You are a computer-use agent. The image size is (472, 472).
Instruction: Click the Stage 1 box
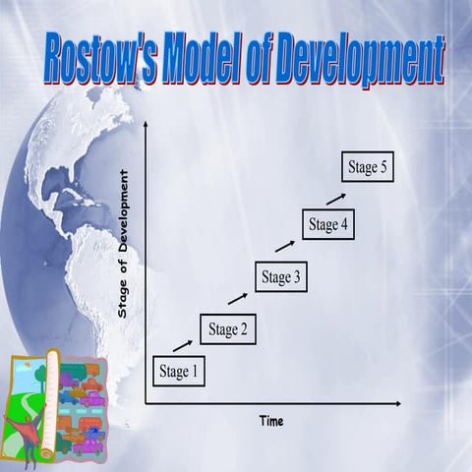179,371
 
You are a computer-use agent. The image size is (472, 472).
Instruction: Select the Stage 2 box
227,328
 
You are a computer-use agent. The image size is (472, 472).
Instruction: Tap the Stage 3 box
281,277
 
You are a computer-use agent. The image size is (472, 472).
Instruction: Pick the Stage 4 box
327,224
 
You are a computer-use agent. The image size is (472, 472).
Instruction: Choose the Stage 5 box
369,167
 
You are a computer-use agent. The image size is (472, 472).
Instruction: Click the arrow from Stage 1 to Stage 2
183,344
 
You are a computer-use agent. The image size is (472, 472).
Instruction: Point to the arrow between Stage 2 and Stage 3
238,297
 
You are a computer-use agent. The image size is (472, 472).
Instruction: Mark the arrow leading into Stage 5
336,198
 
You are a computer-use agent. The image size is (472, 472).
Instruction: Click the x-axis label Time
271,421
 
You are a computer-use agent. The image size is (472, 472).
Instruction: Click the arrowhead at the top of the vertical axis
146,125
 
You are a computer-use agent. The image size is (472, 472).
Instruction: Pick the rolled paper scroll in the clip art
42,403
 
